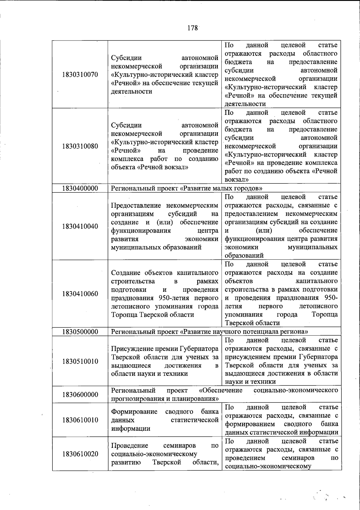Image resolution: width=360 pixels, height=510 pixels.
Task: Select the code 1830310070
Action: [x=80, y=74]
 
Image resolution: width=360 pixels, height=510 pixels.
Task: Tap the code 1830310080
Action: [x=80, y=146]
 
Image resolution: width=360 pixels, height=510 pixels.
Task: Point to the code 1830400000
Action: [x=80, y=188]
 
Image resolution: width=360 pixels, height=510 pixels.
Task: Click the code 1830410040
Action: [x=80, y=226]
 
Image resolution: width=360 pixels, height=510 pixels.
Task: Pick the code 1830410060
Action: [x=80, y=294]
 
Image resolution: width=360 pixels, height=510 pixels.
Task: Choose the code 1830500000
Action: [x=80, y=332]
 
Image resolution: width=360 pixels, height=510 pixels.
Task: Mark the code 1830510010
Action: [x=80, y=361]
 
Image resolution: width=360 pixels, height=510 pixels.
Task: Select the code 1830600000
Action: [x=80, y=394]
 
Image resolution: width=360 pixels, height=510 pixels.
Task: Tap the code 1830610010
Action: [x=80, y=420]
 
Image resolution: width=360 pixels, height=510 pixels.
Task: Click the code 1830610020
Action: [x=80, y=454]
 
